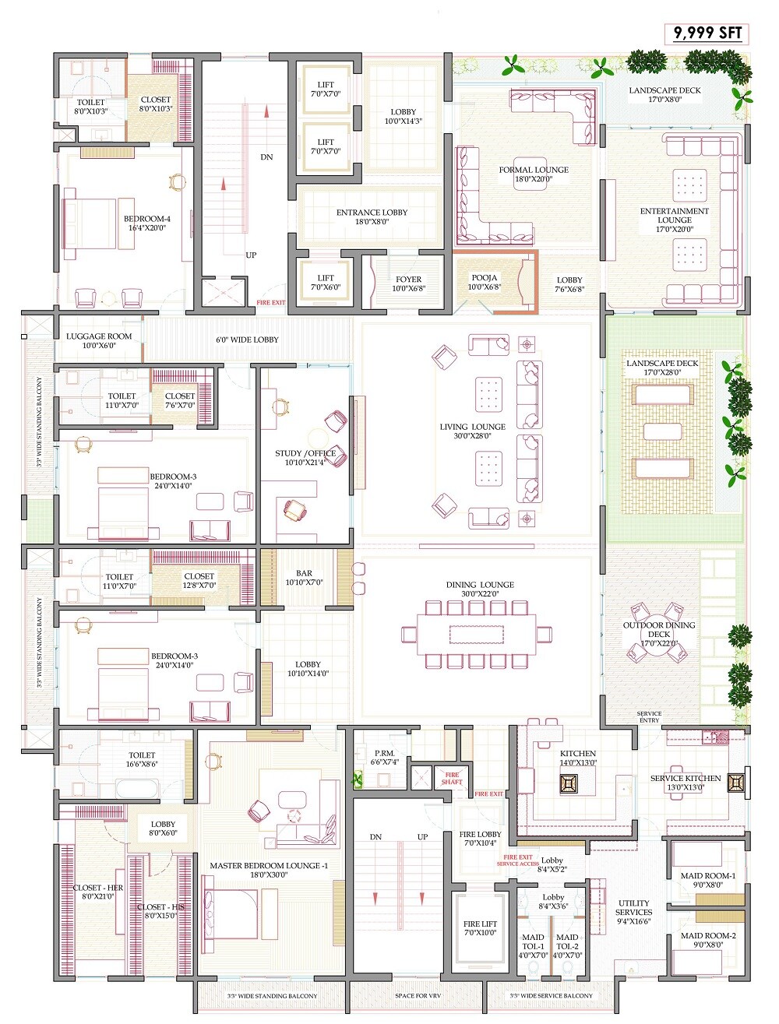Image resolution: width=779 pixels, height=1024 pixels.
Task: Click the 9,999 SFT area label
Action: pyautogui.click(x=707, y=33)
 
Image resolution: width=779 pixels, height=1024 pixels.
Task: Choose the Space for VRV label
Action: pyautogui.click(x=416, y=996)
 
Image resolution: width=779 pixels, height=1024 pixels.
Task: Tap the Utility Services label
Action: pyautogui.click(x=633, y=907)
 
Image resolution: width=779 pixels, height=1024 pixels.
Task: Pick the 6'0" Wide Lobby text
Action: pyautogui.click(x=247, y=340)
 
